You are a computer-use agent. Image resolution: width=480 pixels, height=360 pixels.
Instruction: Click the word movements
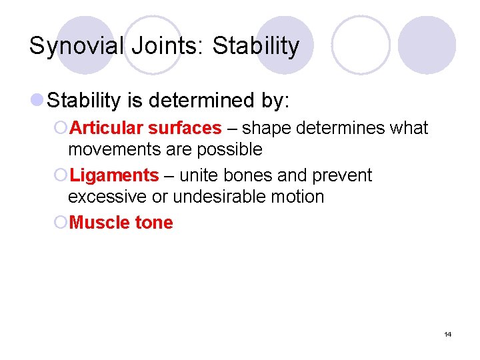pyautogui.click(x=112, y=149)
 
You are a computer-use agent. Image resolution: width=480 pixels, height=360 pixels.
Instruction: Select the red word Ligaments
pyautogui.click(x=114, y=176)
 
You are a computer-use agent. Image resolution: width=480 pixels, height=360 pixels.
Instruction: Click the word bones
pyautogui.click(x=244, y=176)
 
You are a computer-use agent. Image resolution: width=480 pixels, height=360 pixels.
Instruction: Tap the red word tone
pyautogui.click(x=154, y=223)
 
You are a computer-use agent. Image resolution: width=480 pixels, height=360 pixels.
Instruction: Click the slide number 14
pyautogui.click(x=447, y=334)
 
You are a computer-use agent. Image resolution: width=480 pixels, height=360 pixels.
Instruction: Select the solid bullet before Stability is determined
pyautogui.click(x=39, y=101)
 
